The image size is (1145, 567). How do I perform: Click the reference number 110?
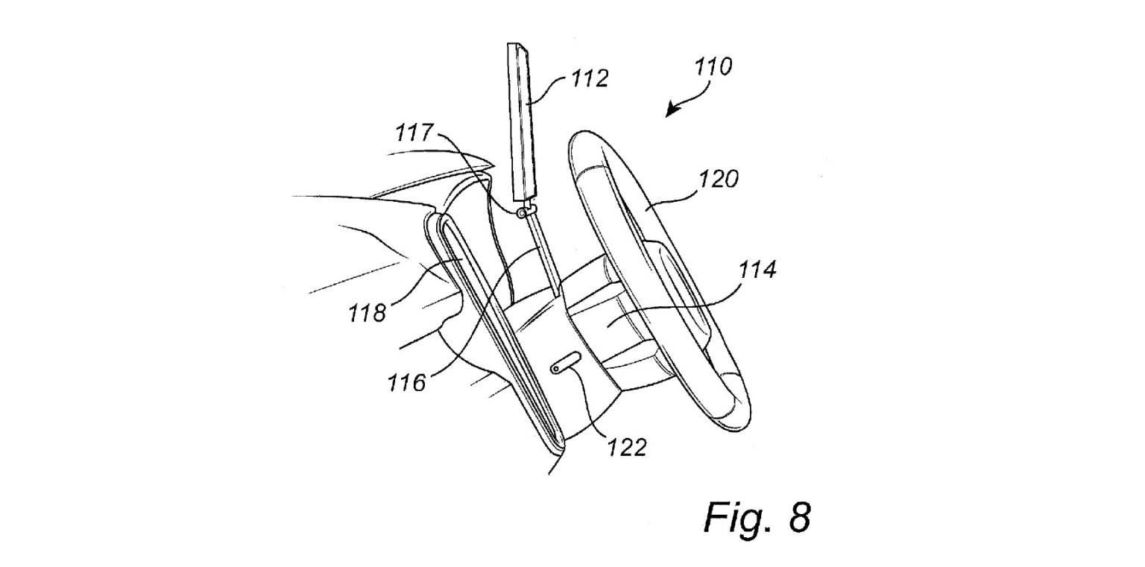(x=713, y=67)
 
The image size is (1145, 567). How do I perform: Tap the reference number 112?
(x=589, y=78)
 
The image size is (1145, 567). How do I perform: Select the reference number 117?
(x=414, y=133)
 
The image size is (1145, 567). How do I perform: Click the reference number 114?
(x=757, y=269)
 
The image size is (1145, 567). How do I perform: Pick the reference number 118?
(x=367, y=313)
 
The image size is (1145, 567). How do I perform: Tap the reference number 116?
(x=406, y=383)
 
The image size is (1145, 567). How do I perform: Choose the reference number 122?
(x=626, y=446)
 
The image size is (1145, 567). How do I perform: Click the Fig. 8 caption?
(x=756, y=516)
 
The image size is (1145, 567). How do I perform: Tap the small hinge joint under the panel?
(x=523, y=213)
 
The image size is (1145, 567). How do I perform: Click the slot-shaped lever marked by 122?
(x=566, y=364)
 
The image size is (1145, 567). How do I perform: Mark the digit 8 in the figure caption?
(x=798, y=516)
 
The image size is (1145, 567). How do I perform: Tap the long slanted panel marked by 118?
(x=492, y=328)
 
